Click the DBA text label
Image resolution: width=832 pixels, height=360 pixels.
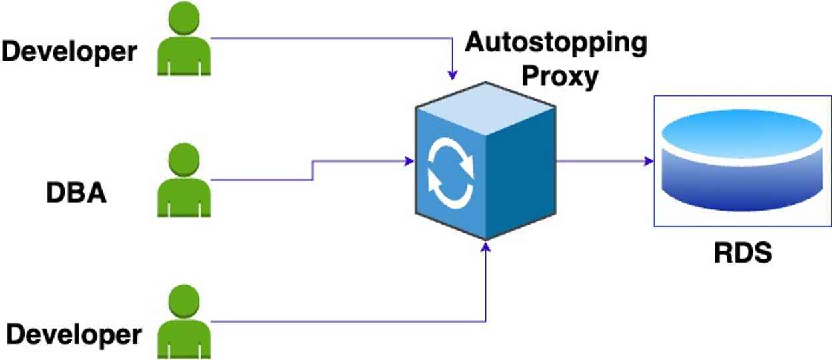(x=76, y=193)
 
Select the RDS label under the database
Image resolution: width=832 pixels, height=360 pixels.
(x=743, y=253)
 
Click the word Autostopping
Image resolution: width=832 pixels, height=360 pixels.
(x=556, y=43)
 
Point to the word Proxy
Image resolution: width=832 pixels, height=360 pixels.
(x=560, y=77)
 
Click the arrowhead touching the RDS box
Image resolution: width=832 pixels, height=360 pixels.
(x=649, y=161)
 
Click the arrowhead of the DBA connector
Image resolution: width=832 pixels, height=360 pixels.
(x=409, y=161)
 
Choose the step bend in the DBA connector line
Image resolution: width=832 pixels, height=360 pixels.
(x=313, y=170)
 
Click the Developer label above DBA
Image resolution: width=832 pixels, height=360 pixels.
(x=69, y=51)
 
